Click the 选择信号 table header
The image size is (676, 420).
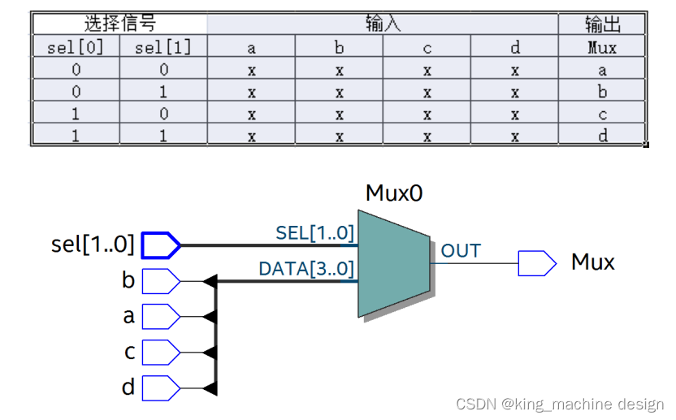119,24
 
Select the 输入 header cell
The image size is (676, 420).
383,24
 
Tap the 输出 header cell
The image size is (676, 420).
602,24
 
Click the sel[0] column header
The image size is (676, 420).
76,47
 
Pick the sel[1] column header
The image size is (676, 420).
163,47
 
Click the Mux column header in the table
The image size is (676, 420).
602,47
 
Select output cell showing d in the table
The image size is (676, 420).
602,136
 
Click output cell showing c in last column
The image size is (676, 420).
602,114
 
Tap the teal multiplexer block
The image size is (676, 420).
394,263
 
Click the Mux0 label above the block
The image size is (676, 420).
394,193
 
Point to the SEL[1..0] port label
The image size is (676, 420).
315,233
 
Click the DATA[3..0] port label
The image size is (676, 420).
306,268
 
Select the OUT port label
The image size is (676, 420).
461,251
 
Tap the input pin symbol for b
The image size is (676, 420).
161,281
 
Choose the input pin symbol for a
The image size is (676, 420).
161,316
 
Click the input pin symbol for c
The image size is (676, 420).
161,352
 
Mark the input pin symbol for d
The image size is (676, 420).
161,388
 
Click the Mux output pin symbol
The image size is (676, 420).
537,262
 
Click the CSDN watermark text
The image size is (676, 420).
560,404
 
